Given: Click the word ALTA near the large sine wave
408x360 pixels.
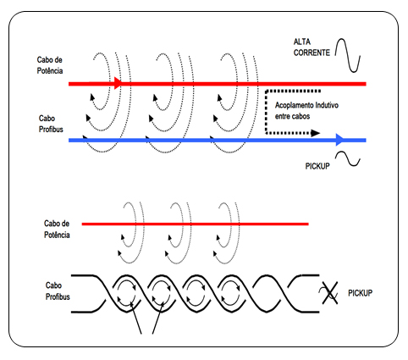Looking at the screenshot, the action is point(302,42).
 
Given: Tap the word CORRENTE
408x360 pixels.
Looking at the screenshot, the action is point(312,53).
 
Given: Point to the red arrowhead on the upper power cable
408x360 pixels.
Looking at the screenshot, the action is point(119,83).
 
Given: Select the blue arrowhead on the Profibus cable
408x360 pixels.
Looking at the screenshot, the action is point(340,140).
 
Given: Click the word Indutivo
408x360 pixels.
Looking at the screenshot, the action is point(327,105).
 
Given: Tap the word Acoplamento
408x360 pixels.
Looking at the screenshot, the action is point(295,105).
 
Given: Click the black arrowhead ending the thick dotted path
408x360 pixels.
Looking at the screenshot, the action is point(315,133).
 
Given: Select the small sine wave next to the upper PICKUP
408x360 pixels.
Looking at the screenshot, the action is point(348,158).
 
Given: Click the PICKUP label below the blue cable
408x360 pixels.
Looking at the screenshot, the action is point(317,166).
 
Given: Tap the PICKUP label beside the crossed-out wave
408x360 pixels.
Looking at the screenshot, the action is point(360,293).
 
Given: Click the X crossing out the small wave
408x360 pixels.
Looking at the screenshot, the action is point(330,293).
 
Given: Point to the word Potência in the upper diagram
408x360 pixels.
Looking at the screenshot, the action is point(50,70).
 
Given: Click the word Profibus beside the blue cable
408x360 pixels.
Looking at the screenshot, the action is point(51,130).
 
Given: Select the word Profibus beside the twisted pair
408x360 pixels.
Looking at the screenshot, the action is point(58,296).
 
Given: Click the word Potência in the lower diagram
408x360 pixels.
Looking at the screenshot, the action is point(57,235).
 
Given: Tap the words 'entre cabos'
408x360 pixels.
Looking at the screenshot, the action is point(292,116).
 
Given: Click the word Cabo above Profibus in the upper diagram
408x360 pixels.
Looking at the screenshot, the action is point(47,119).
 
